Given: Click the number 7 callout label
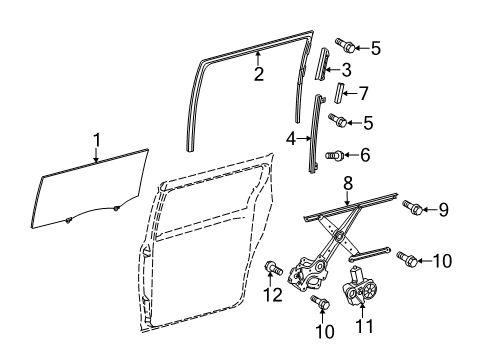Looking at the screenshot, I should (x=363, y=93).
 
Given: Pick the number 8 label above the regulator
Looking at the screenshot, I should (x=348, y=211).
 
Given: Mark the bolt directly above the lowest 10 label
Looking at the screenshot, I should (x=319, y=301).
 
